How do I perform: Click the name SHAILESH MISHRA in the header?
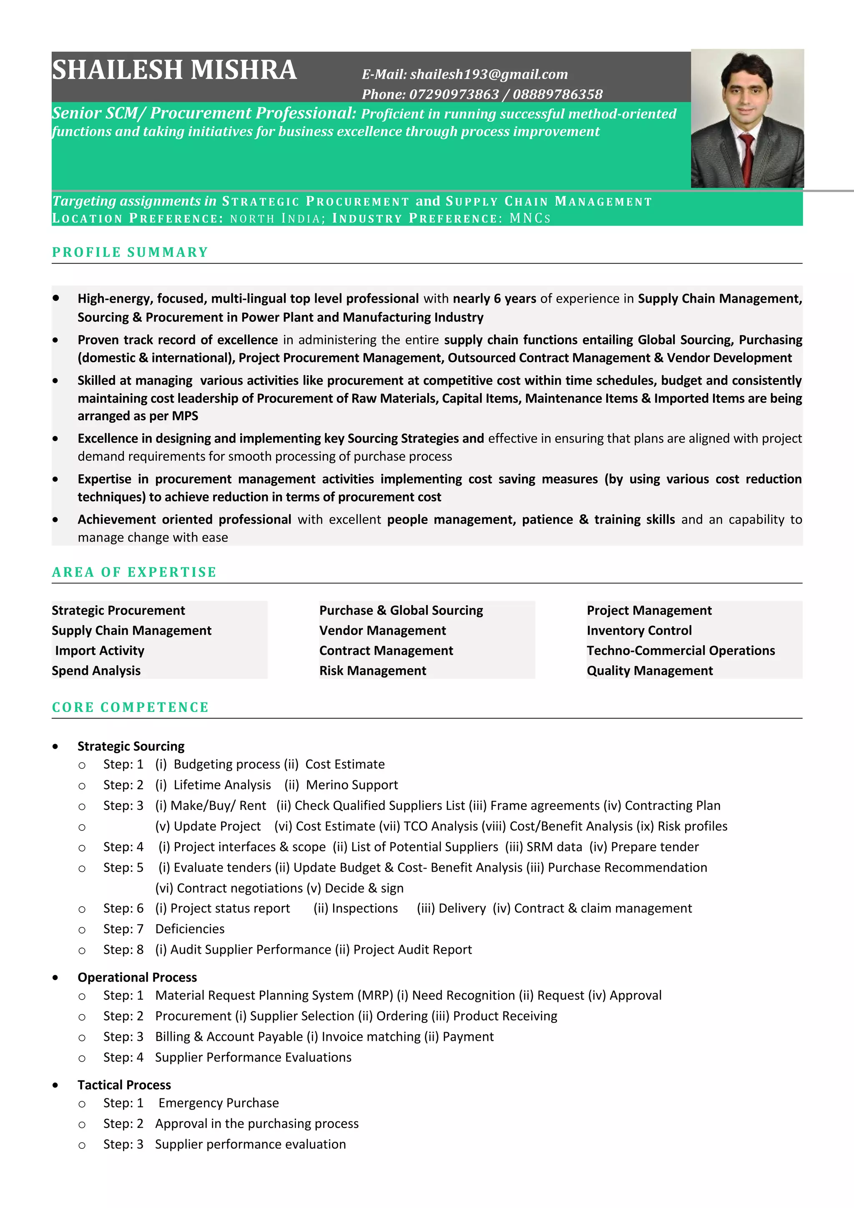click(174, 70)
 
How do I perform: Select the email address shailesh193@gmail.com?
click(489, 74)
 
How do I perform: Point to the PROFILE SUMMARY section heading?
click(130, 252)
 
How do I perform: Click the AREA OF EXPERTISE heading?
click(134, 572)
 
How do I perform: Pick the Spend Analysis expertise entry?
click(96, 671)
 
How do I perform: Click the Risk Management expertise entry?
click(372, 671)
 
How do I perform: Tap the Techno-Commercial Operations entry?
click(681, 651)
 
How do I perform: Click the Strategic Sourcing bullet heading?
click(131, 746)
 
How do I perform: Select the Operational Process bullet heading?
click(137, 977)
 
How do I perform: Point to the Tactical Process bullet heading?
click(124, 1085)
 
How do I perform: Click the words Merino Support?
click(352, 785)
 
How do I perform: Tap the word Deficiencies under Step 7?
click(190, 929)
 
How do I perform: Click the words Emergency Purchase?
click(219, 1103)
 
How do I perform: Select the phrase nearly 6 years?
click(494, 299)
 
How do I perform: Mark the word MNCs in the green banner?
click(529, 218)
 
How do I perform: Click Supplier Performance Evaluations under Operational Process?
click(253, 1058)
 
